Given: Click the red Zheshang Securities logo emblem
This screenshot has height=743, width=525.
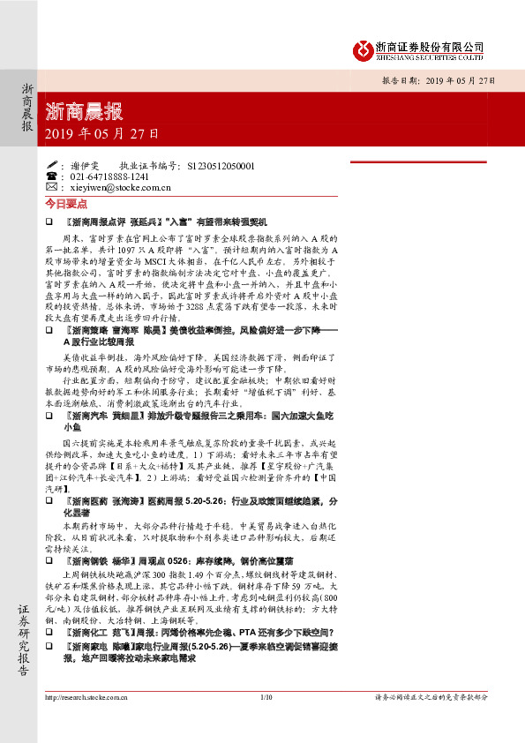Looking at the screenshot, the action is point(360,50).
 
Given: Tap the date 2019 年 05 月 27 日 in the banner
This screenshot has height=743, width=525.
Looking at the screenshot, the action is point(101,135).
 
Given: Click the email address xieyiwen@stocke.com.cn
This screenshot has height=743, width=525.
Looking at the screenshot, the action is point(119,188).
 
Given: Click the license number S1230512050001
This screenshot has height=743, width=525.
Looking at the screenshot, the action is point(221,165).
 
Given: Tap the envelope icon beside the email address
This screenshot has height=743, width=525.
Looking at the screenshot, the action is point(51,188).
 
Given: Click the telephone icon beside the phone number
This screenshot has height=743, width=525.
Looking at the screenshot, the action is point(51,176).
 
